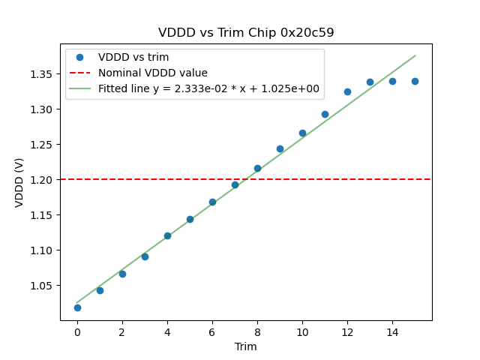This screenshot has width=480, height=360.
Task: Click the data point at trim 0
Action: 77,307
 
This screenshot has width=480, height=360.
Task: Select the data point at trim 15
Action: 415,81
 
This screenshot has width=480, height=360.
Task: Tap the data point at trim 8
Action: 257,168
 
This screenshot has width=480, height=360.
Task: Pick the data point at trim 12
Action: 347,91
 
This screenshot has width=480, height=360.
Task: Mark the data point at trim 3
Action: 145,256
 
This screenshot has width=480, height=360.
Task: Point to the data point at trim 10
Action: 302,133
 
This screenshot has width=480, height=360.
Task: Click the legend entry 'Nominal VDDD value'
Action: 153,73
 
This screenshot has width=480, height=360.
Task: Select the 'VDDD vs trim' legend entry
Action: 133,57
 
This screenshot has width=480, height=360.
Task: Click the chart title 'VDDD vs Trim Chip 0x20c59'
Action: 246,33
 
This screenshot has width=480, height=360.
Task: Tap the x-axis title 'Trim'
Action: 246,346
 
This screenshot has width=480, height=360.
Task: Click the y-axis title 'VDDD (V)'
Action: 19,182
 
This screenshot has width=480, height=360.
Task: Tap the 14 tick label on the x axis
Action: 392,332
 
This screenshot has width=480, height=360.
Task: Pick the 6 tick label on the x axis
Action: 212,332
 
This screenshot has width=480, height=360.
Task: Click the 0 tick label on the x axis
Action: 77,332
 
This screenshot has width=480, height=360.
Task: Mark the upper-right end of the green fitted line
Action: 415,55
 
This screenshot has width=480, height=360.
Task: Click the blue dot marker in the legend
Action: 79,57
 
